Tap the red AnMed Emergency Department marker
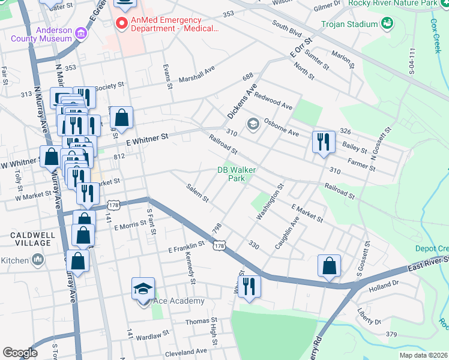click(122, 23)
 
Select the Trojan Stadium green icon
click(387, 23)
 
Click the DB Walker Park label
click(236, 174)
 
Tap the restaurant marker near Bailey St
click(323, 142)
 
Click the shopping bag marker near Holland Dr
click(329, 266)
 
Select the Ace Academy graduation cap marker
click(143, 289)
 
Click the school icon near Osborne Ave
click(253, 124)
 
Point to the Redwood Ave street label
click(273, 100)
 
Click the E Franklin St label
click(187, 245)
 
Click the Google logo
click(20, 352)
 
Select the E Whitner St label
click(147, 139)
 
